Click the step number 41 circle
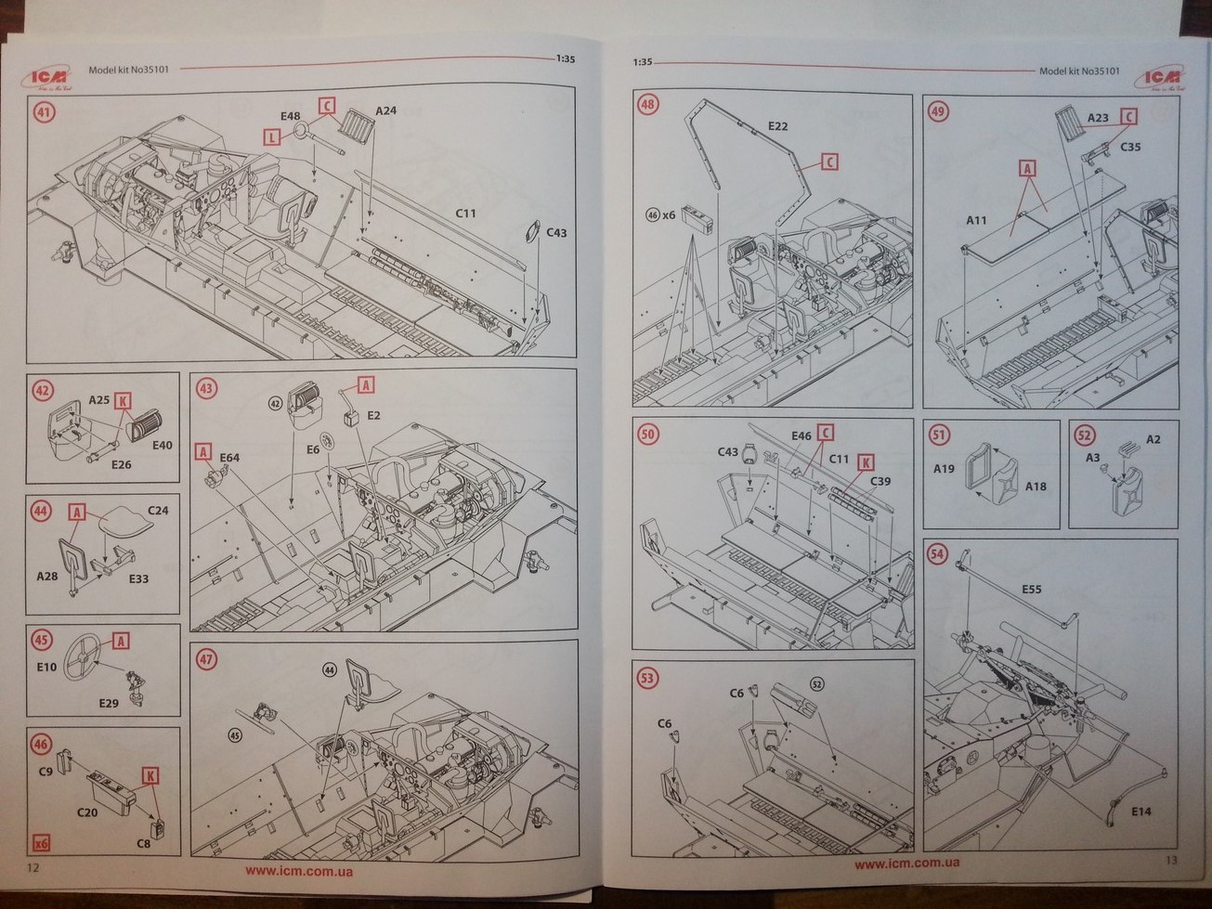tap(44, 114)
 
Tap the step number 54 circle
tap(937, 554)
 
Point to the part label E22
tap(778, 125)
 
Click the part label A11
tap(977, 221)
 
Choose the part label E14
tap(1141, 811)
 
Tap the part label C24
tap(159, 511)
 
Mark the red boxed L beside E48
tap(271, 136)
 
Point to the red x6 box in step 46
tap(40, 844)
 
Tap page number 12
tap(34, 867)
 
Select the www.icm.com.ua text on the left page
tap(298, 870)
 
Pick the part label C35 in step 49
tap(1129, 147)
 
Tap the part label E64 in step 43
tap(229, 457)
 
